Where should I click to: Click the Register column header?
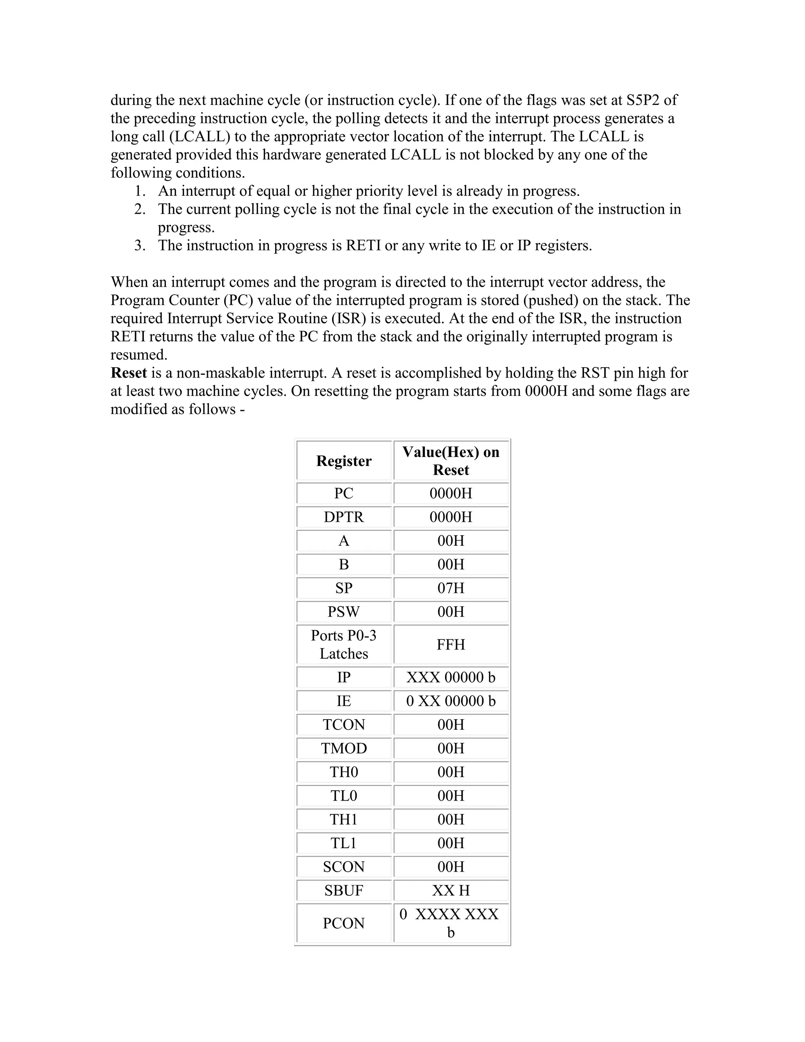pos(344,461)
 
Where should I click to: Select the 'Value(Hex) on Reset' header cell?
pos(451,461)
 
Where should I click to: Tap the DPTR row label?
pos(344,517)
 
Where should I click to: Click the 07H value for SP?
pos(451,588)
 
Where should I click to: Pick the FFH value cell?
pos(451,644)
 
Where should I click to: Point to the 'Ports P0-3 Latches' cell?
pos(344,644)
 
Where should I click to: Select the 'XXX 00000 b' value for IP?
pos(451,677)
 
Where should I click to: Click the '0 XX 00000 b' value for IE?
pos(451,701)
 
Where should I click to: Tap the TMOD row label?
pos(344,748)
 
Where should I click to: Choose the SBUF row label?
pos(344,890)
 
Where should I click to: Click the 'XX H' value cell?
pos(451,890)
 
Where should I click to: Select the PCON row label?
pos(344,923)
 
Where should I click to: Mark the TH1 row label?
pos(344,819)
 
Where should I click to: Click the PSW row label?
pos(344,612)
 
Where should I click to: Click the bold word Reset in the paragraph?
pos(129,373)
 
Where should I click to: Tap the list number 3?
pos(139,246)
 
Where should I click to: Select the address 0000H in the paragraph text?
pos(546,391)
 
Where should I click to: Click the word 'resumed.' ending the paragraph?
pos(139,355)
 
